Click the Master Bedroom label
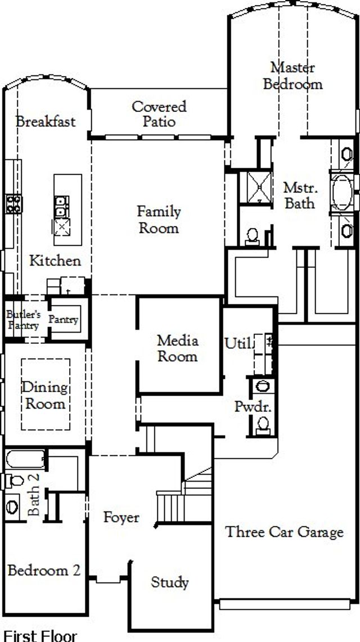click(x=292, y=76)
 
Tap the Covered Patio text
click(x=159, y=114)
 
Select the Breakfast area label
click(x=46, y=122)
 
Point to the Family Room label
click(x=159, y=219)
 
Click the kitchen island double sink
click(x=61, y=206)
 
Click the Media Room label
click(x=177, y=348)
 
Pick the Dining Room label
click(x=44, y=396)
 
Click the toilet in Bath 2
click(x=13, y=481)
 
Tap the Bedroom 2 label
click(x=44, y=570)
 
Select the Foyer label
click(x=121, y=517)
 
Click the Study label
click(x=169, y=582)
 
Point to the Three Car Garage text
click(x=284, y=532)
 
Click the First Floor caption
click(x=39, y=636)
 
